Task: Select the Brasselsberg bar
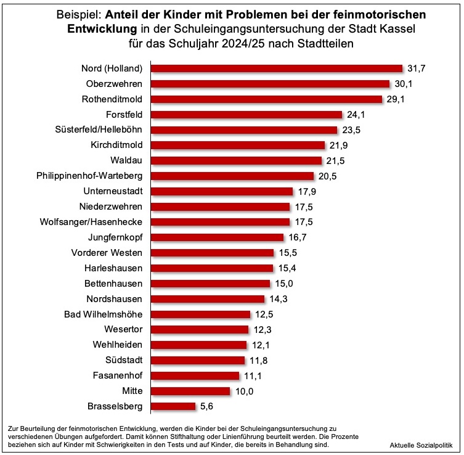click(173, 406)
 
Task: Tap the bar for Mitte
click(190, 391)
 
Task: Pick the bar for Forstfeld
click(246, 114)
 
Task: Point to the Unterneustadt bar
click(221, 191)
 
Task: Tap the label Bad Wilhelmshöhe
click(104, 314)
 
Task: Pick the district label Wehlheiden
click(116, 345)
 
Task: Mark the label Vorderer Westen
click(107, 253)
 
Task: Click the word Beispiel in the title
click(76, 14)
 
